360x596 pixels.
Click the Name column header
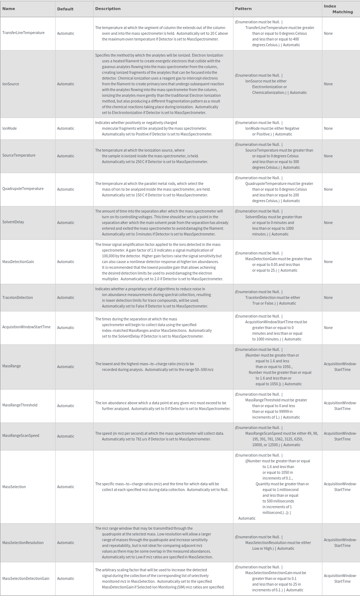(x=9, y=9)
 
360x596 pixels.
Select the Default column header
(x=65, y=9)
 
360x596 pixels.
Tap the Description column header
(x=108, y=9)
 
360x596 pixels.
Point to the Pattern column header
(x=243, y=9)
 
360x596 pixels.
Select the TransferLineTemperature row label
(x=24, y=33)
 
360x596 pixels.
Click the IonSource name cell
(x=11, y=84)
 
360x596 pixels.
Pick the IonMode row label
(x=10, y=128)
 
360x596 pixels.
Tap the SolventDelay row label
(x=13, y=222)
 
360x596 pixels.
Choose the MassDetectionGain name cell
(x=18, y=262)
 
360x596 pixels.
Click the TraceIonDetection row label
(x=18, y=297)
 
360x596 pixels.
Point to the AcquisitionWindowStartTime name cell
(x=27, y=327)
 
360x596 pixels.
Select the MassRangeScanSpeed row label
(x=21, y=436)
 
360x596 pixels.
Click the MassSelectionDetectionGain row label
(x=26, y=578)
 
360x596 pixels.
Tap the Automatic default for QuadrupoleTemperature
(x=66, y=189)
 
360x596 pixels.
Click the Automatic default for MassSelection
(x=66, y=487)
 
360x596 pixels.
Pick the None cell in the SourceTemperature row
(x=328, y=156)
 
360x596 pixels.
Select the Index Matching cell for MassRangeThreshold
(x=340, y=406)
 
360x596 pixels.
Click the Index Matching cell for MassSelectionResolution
(x=340, y=543)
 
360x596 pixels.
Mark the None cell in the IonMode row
(x=328, y=128)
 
